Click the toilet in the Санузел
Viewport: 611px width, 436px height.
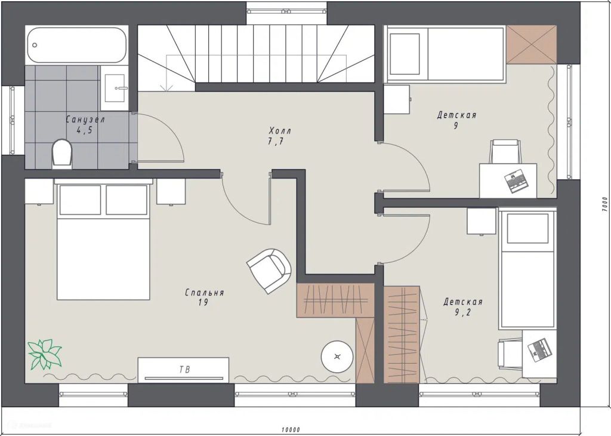62,154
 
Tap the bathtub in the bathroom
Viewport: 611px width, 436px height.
78,45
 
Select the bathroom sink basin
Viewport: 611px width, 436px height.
115,88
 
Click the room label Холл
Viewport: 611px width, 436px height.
279,131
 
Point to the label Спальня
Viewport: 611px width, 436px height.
204,293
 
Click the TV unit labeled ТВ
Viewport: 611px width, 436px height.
184,369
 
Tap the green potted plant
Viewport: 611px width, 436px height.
44,354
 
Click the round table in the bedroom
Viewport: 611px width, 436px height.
338,357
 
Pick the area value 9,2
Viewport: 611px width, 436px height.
462,312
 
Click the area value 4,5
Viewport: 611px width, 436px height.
84,131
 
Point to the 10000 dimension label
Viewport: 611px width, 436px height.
291,430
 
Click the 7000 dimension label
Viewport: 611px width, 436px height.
604,204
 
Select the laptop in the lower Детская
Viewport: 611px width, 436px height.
539,349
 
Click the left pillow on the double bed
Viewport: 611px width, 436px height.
80,199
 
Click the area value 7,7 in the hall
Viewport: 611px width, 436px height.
276,142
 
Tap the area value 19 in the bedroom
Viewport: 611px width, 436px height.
203,303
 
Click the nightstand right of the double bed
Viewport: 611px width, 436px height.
171,192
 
